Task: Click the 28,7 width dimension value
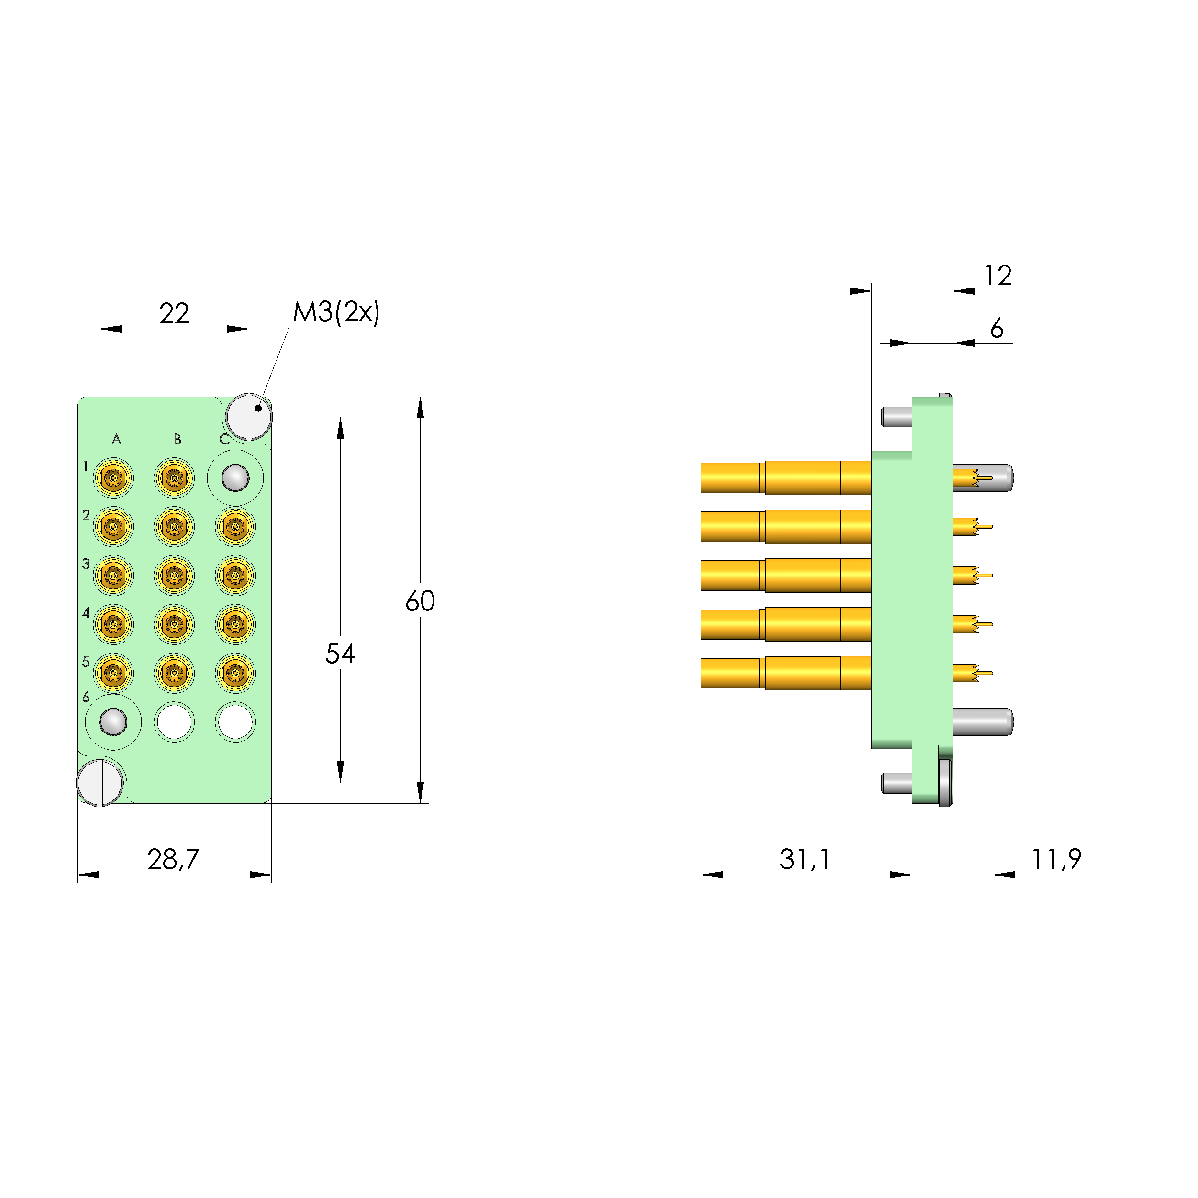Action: pyautogui.click(x=173, y=859)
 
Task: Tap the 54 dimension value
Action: pyautogui.click(x=340, y=654)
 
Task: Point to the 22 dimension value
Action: pyautogui.click(x=174, y=314)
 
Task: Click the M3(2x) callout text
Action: pyautogui.click(x=336, y=312)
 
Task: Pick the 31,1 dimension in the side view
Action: pyautogui.click(x=804, y=859)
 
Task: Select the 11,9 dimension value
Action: pyautogui.click(x=1056, y=859)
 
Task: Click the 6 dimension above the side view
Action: pyautogui.click(x=997, y=328)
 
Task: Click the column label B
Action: pyautogui.click(x=177, y=440)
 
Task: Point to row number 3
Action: pyautogui.click(x=86, y=564)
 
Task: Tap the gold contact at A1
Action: pyautogui.click(x=113, y=478)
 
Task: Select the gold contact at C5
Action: pyautogui.click(x=235, y=673)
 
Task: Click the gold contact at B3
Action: pyautogui.click(x=174, y=576)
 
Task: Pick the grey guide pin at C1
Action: pyautogui.click(x=235, y=478)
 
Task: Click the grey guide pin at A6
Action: pyautogui.click(x=113, y=722)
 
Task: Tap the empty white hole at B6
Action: pyautogui.click(x=174, y=722)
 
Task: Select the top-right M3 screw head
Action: pyautogui.click(x=249, y=416)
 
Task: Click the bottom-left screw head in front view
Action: pyautogui.click(x=100, y=783)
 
